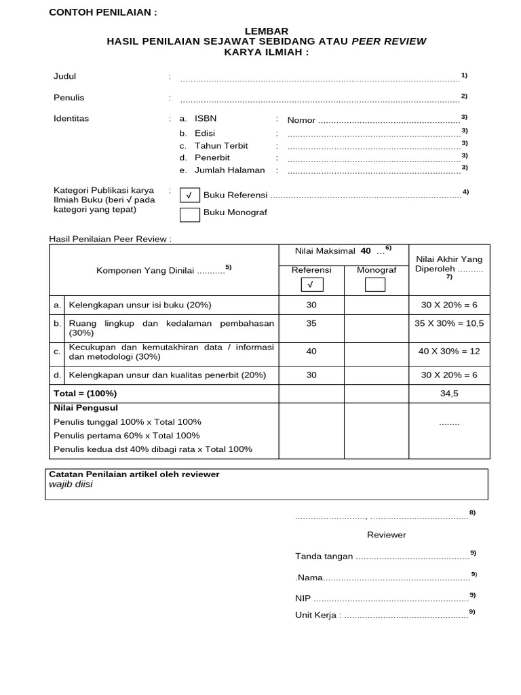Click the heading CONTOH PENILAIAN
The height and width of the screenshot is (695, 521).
(x=102, y=13)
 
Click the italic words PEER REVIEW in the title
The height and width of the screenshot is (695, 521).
(x=389, y=41)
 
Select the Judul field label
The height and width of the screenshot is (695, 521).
(x=65, y=77)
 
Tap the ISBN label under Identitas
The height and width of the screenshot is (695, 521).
(x=206, y=119)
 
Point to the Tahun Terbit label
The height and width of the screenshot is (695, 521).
(x=221, y=146)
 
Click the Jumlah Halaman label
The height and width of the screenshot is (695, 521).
(x=229, y=170)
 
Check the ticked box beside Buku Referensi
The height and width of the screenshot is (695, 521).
(x=190, y=195)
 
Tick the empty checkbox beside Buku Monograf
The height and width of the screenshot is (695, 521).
(x=190, y=215)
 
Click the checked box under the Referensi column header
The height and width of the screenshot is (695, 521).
(x=311, y=284)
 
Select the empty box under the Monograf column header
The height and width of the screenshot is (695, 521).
(x=374, y=284)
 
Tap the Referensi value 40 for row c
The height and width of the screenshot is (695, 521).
(x=311, y=352)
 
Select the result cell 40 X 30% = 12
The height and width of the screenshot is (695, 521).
(x=449, y=352)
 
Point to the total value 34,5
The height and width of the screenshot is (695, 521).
(x=449, y=394)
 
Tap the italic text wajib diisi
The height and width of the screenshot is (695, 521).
(x=71, y=485)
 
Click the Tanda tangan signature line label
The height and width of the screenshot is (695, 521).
(x=324, y=557)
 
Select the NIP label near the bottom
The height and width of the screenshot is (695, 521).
(x=303, y=599)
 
